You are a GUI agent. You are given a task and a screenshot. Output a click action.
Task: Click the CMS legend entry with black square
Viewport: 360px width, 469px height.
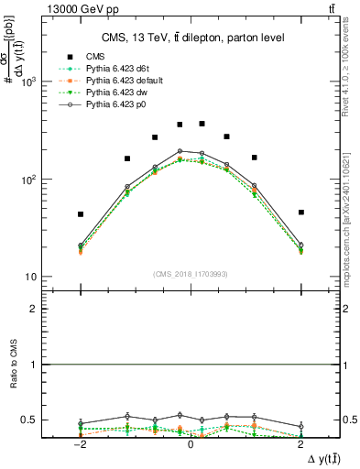pos(96,57)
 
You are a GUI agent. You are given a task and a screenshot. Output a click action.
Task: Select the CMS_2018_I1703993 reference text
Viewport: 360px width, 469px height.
pos(191,274)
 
